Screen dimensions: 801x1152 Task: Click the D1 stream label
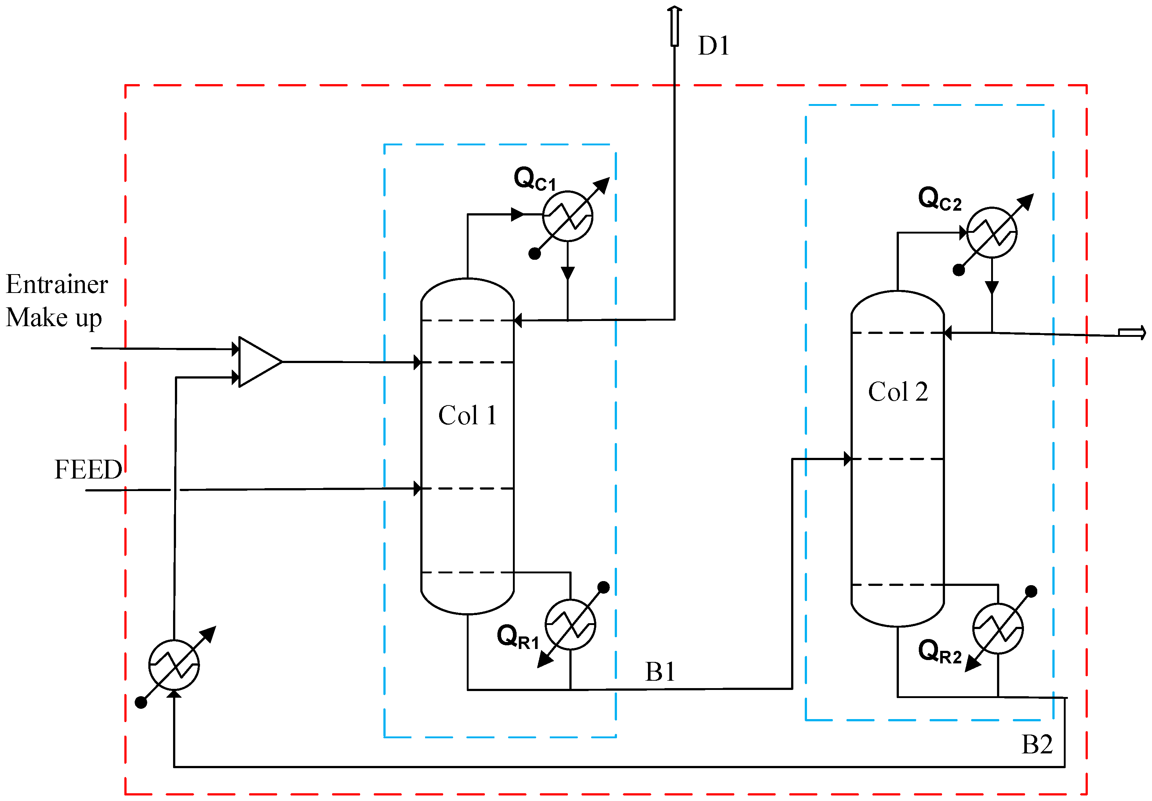pos(713,46)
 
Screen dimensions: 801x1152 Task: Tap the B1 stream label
pos(660,672)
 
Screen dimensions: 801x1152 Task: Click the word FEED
pos(88,470)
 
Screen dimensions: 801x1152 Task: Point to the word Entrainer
pos(57,284)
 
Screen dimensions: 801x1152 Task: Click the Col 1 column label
pos(467,415)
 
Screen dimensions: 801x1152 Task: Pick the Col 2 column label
pos(898,392)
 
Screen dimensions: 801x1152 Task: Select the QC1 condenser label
pos(535,179)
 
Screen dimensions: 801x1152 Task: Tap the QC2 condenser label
pos(939,198)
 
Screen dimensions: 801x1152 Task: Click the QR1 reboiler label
pos(518,637)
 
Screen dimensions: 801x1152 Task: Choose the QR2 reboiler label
pos(939,652)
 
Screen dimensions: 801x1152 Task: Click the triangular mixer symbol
pos(257,362)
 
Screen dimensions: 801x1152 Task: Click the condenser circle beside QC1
pos(568,216)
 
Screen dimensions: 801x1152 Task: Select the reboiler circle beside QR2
pos(997,628)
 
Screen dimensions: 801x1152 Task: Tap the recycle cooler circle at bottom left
pos(174,665)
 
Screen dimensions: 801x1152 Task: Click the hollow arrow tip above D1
pos(675,10)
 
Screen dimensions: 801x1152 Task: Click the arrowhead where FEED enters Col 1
pos(417,488)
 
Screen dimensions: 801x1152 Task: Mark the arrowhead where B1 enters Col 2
pos(848,459)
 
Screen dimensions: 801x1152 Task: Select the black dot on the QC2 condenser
pos(959,271)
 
